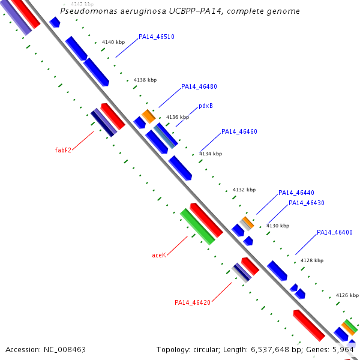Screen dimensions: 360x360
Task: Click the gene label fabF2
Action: [63, 150]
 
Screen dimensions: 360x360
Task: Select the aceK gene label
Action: [158, 255]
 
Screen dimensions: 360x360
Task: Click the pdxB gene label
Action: [206, 106]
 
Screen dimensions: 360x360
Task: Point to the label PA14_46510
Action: [156, 37]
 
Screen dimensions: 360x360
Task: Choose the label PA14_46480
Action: [199, 86]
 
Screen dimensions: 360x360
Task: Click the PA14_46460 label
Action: [239, 131]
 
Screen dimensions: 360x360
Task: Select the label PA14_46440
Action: [296, 193]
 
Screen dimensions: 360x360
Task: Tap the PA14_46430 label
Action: [306, 203]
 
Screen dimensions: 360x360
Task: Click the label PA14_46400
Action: [334, 232]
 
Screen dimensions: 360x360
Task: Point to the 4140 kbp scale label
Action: [113, 42]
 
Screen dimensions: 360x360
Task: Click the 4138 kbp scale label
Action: [145, 80]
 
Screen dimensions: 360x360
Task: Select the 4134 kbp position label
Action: [210, 154]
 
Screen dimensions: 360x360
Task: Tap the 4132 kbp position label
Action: [244, 190]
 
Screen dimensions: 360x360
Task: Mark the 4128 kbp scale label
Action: [311, 260]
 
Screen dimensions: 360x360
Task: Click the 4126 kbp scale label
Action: [347, 295]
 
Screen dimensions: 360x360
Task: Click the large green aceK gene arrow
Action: [198, 226]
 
